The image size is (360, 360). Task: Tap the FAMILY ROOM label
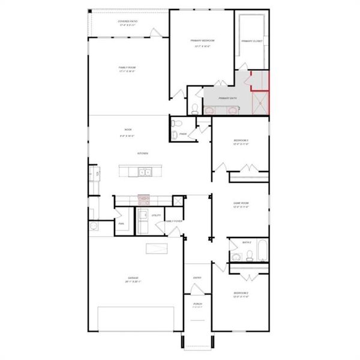pos(127,68)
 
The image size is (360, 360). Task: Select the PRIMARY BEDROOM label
pos(203,40)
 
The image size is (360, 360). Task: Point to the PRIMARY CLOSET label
pos(252,41)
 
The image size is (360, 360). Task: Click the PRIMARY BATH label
pos(227,98)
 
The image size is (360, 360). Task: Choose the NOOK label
pos(128,130)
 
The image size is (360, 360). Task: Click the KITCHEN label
pos(143,154)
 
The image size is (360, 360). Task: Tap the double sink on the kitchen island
pos(145,173)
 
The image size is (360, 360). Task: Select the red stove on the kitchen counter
pos(143,198)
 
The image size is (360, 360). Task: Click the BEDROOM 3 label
pos(241,141)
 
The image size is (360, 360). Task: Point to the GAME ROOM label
pos(241,203)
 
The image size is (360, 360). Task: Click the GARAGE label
pos(133,278)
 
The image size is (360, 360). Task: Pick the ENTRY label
pos(197,278)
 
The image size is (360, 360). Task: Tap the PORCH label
pos(197,304)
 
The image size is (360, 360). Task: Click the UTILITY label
pos(156,215)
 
